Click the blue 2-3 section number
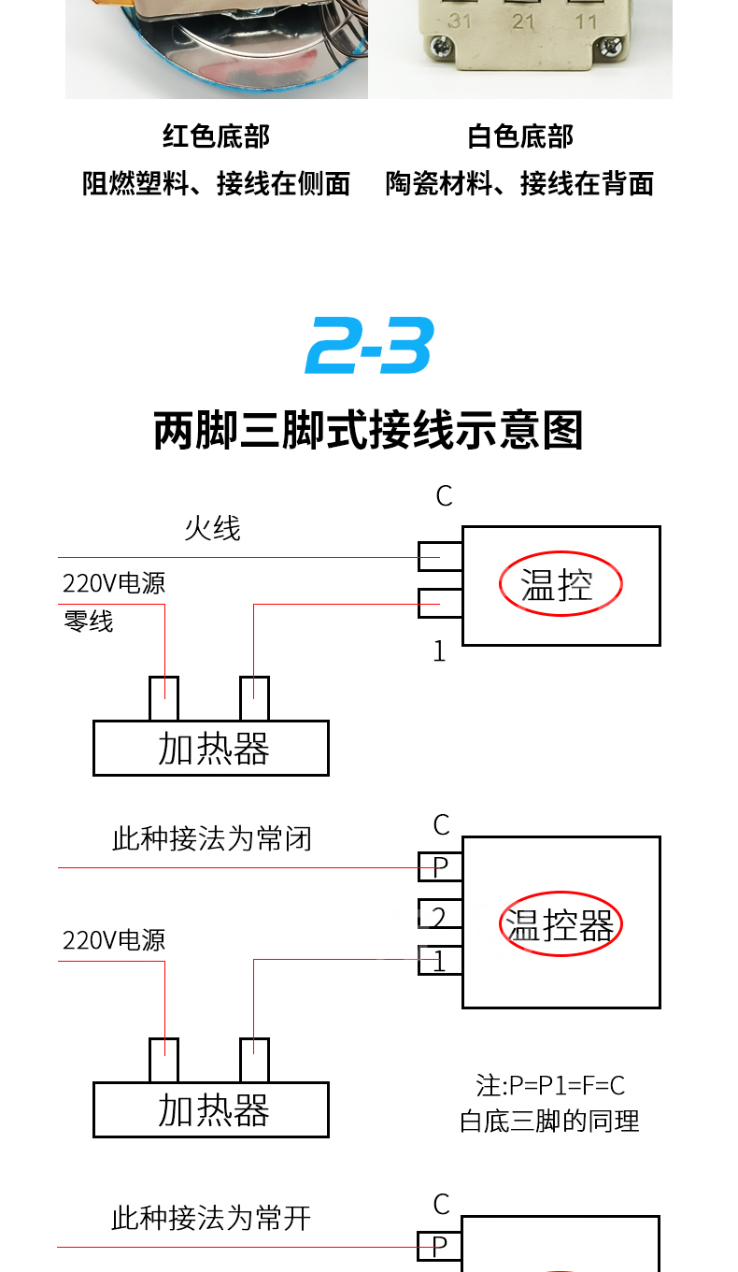click(x=369, y=346)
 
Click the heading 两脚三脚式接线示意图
click(x=369, y=431)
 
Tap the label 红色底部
click(x=216, y=136)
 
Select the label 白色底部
click(x=520, y=136)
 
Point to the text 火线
click(x=212, y=529)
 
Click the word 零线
click(x=88, y=622)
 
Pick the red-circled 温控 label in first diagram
click(x=560, y=585)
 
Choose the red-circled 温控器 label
click(x=560, y=924)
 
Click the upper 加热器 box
click(x=211, y=749)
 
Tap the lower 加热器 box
click(x=211, y=1110)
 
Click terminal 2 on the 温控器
click(x=440, y=915)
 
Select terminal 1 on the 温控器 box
click(x=440, y=961)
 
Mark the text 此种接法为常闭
click(x=211, y=839)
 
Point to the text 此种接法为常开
click(x=210, y=1219)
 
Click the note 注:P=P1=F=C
click(x=550, y=1086)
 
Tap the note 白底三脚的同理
click(x=550, y=1121)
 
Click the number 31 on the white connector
click(x=460, y=21)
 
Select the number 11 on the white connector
click(x=587, y=21)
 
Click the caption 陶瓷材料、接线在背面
click(x=520, y=184)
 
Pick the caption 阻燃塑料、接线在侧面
click(x=216, y=184)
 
